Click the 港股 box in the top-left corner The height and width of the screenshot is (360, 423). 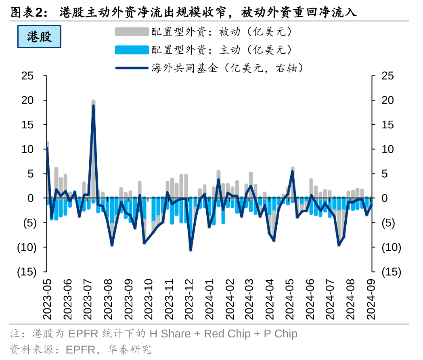click(39, 37)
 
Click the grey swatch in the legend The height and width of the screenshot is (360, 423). click(132, 32)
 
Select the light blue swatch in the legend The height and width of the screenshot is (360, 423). click(132, 50)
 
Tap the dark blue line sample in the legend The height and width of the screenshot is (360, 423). click(132, 68)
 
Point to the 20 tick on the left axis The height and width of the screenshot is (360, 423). click(28, 100)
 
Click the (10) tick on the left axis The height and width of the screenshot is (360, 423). click(27, 247)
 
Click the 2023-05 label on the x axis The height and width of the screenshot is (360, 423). click(47, 299)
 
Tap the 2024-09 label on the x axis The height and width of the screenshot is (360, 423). click(372, 299)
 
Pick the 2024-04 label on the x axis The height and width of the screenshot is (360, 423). click(270, 299)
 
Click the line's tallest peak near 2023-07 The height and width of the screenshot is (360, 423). click(93, 105)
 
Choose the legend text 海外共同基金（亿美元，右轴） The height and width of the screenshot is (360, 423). click(227, 68)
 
